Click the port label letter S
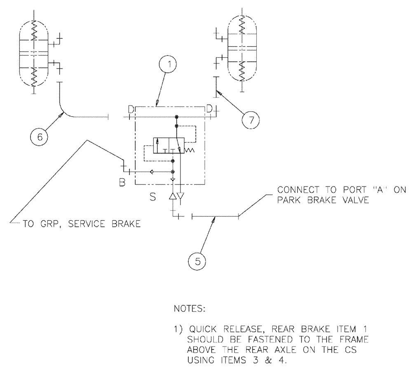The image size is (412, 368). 152,198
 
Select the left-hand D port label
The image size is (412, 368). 131,109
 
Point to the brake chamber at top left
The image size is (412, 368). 35,52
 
